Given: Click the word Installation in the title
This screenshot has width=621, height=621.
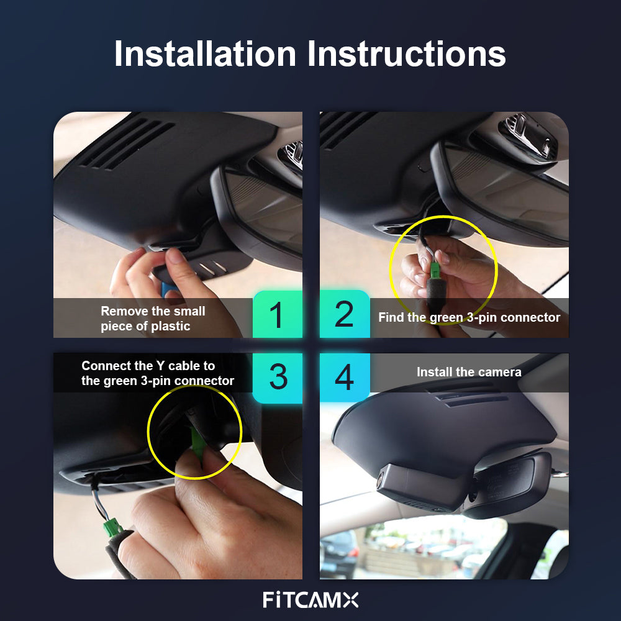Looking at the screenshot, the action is (205, 53).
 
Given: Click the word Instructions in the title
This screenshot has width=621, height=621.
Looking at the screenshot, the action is (407, 53).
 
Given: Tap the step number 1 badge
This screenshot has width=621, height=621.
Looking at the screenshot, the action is (277, 314).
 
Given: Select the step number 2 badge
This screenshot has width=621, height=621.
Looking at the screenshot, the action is (345, 314).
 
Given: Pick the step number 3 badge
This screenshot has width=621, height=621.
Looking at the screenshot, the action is (277, 378).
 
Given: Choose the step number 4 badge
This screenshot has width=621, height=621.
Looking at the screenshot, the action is (345, 378).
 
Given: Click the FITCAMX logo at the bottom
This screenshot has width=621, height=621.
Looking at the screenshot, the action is (310, 600).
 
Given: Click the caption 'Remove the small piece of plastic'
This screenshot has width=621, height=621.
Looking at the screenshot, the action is (153, 319).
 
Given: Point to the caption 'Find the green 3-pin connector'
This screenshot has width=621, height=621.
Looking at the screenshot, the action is (469, 317).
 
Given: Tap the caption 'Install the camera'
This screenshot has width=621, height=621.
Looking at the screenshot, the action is (469, 372).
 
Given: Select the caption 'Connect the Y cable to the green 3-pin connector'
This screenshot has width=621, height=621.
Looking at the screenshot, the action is (158, 373).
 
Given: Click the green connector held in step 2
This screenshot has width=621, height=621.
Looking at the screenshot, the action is (435, 271).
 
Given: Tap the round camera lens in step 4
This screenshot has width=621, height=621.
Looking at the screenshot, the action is (381, 479).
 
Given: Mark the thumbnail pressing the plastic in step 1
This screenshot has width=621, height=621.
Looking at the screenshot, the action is (176, 256).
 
